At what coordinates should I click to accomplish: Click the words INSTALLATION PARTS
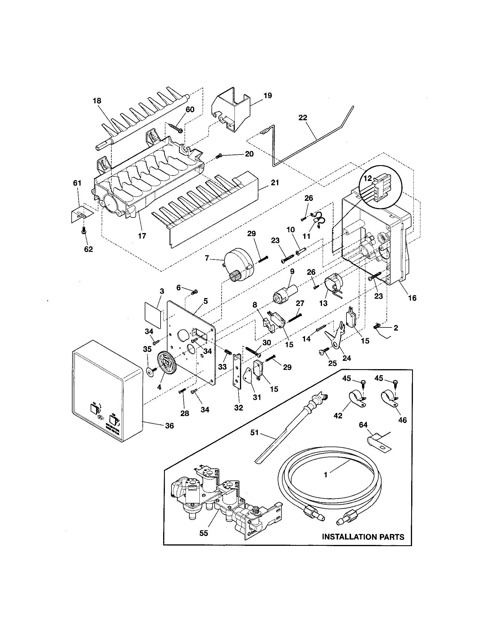click(363, 537)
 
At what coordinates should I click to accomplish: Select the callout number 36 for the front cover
click(169, 426)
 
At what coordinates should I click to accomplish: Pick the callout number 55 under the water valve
click(204, 533)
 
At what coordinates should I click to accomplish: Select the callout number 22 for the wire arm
click(303, 118)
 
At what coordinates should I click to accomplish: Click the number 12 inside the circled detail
click(367, 178)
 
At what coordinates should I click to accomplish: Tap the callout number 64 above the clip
click(363, 425)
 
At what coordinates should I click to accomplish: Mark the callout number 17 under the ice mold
click(142, 236)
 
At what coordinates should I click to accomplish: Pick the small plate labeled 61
click(82, 214)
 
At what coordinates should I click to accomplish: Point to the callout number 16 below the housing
click(412, 298)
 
